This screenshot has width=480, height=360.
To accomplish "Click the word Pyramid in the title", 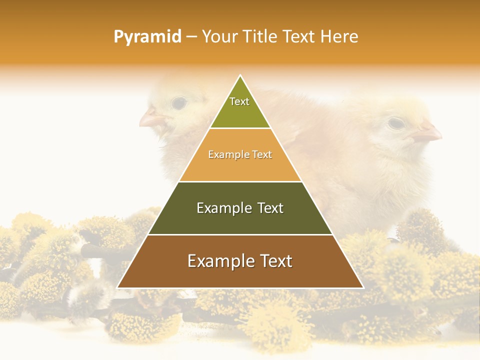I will tap(147, 37).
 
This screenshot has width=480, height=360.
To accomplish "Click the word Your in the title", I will tap(219, 36).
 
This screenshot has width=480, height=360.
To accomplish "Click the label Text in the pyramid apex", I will tap(239, 101).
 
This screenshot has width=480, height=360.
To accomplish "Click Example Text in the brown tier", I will tap(240, 261).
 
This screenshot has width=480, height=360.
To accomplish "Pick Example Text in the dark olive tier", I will tap(240, 208).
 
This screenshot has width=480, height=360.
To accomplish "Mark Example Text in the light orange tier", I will tap(240, 155).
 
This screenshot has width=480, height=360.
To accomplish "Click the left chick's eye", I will tap(178, 103).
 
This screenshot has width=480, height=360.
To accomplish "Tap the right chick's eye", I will tap(396, 122).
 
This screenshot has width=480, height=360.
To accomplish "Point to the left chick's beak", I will tap(150, 120).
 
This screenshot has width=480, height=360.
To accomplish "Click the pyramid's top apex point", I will tap(240, 75).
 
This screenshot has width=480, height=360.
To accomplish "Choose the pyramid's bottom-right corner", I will tap(363, 287).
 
